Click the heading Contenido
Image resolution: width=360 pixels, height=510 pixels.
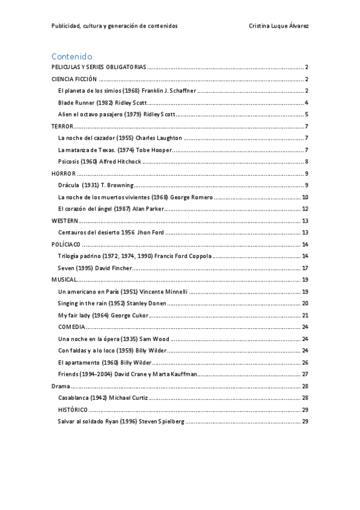[x=72, y=56]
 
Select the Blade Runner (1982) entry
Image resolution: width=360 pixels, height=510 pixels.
[x=103, y=103]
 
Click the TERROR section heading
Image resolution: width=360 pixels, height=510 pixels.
[x=63, y=126]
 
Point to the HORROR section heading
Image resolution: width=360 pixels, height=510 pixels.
[x=64, y=173]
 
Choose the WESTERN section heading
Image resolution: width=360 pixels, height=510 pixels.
[x=65, y=221]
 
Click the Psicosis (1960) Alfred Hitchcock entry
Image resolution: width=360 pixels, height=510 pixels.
[x=99, y=161]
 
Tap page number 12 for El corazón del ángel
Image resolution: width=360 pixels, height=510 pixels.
[x=305, y=209]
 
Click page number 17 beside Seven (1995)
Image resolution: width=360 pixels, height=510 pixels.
[x=305, y=268]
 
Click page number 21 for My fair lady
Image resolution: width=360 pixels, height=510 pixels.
[x=305, y=315]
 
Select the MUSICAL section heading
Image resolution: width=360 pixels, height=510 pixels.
[x=64, y=280]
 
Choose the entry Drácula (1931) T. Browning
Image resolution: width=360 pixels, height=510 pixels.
[x=95, y=185]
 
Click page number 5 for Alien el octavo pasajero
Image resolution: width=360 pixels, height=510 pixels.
[x=307, y=114]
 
